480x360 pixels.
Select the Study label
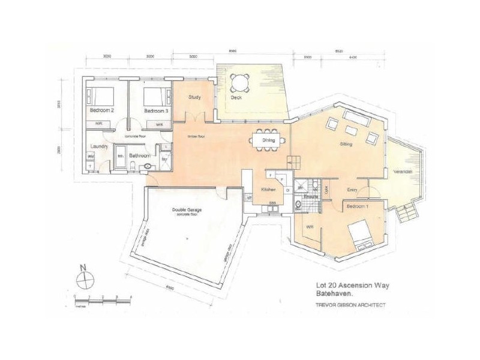pos(194,97)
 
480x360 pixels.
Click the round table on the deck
pos(241,82)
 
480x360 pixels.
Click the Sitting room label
pos(346,145)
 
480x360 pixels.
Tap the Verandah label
pos(403,172)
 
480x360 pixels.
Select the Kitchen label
pos(268,190)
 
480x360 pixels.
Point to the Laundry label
pos(98,146)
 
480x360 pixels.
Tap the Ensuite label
pos(310,196)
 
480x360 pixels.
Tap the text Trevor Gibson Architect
pos(352,305)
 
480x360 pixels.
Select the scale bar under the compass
pos(105,298)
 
